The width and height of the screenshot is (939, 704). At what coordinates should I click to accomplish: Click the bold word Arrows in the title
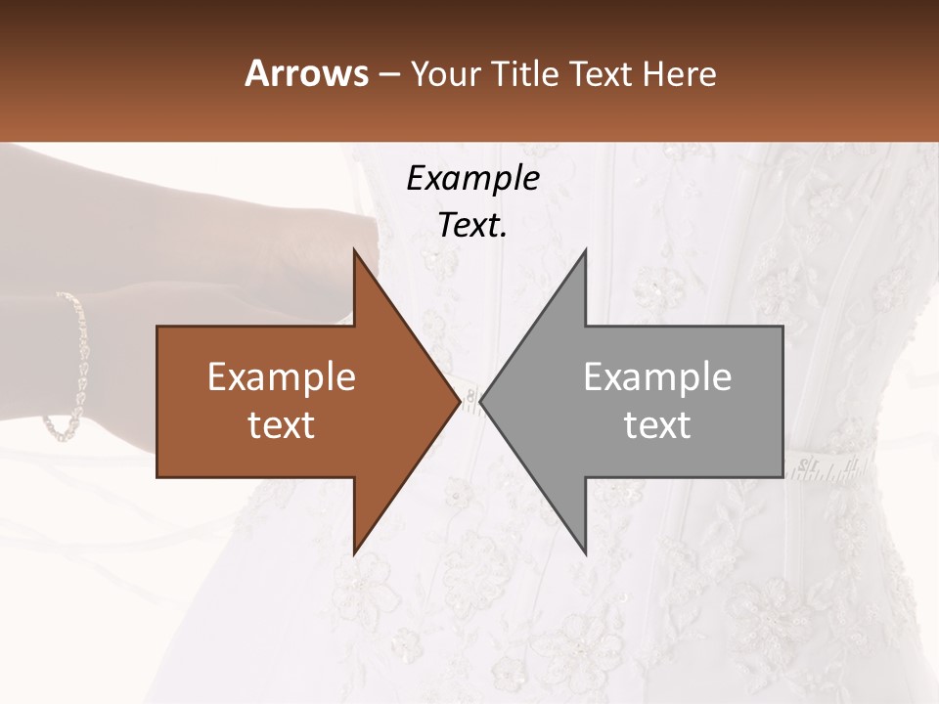click(306, 73)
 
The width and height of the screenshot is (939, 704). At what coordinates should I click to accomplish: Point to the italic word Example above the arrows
click(473, 178)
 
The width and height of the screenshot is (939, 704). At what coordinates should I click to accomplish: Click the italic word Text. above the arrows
click(473, 225)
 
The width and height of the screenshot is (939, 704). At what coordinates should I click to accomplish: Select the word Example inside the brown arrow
click(282, 377)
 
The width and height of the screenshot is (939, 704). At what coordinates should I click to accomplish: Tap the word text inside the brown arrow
click(282, 425)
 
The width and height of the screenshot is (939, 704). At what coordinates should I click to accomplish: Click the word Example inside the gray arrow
click(657, 377)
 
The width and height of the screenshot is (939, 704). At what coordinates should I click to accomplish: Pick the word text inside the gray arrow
click(657, 425)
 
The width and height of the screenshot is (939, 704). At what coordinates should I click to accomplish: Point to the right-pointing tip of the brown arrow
click(459, 401)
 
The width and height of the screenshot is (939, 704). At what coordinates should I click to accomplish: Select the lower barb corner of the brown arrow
click(355, 551)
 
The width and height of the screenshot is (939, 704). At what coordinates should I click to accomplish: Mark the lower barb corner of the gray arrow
click(585, 551)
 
